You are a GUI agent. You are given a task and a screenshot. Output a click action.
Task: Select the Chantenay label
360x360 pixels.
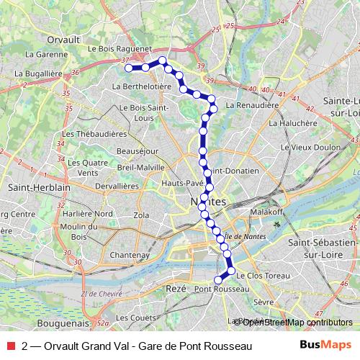coord(128,255)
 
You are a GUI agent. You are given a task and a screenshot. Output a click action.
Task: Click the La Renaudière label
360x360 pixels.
coord(252,104)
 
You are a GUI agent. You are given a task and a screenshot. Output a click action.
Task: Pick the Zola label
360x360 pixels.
coord(141,215)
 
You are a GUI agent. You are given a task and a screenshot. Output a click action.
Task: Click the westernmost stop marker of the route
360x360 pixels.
coord(130,68)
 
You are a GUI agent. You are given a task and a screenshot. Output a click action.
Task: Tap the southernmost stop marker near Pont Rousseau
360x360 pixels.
coord(218,280)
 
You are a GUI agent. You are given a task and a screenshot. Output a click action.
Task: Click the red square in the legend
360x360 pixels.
coord(9,346)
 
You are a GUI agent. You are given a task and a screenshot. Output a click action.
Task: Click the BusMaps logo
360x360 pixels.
coord(325,346)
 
